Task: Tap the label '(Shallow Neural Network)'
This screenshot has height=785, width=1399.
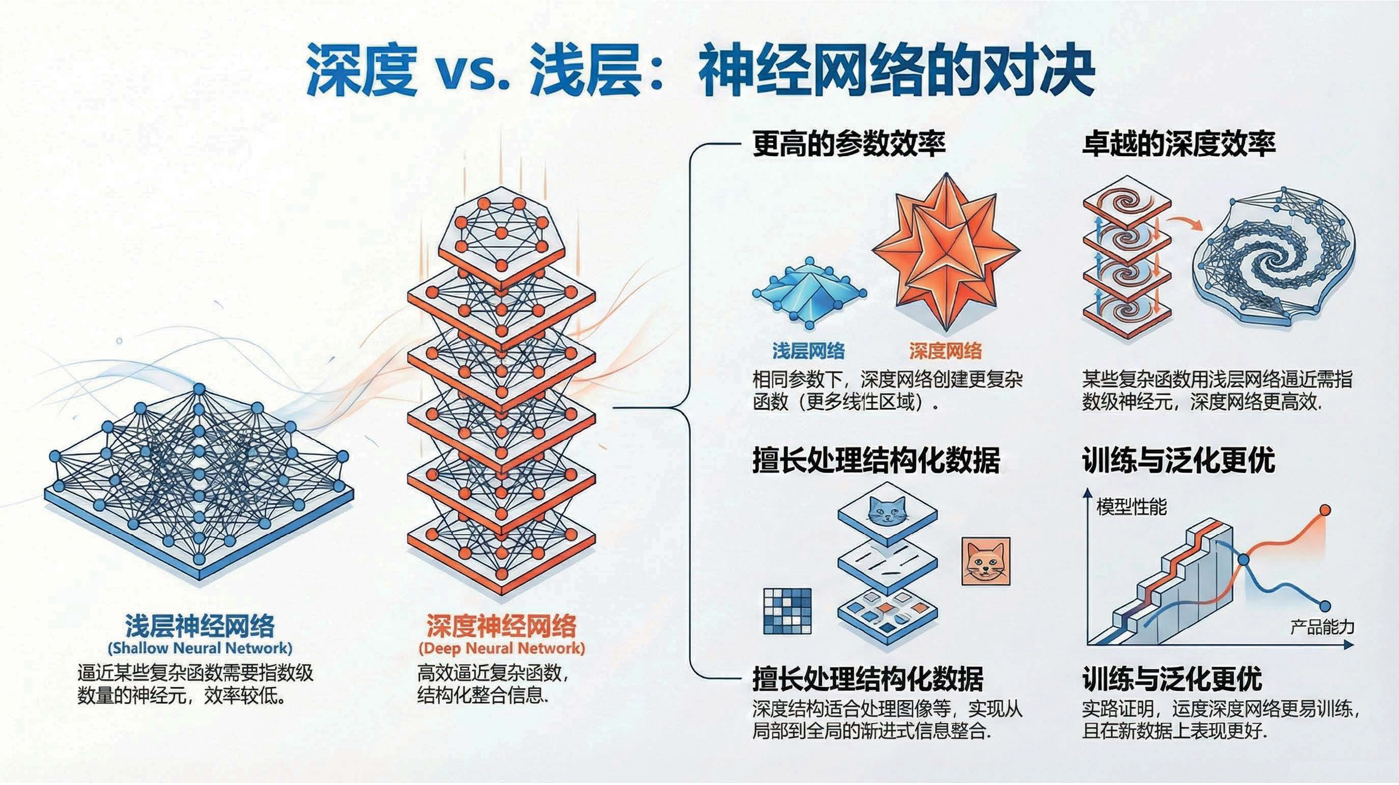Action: (200, 648)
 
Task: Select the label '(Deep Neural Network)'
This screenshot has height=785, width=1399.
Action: (501, 648)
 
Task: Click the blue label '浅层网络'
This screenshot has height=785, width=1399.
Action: (809, 351)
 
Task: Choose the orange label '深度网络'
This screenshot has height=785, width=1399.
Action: (945, 351)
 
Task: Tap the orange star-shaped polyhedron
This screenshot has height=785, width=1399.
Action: (946, 252)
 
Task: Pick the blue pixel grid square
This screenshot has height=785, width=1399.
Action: (788, 611)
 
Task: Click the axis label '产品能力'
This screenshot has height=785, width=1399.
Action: (1322, 627)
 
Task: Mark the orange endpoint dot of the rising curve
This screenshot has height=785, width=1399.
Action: (1325, 510)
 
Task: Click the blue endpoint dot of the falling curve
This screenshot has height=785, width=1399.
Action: (1325, 606)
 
